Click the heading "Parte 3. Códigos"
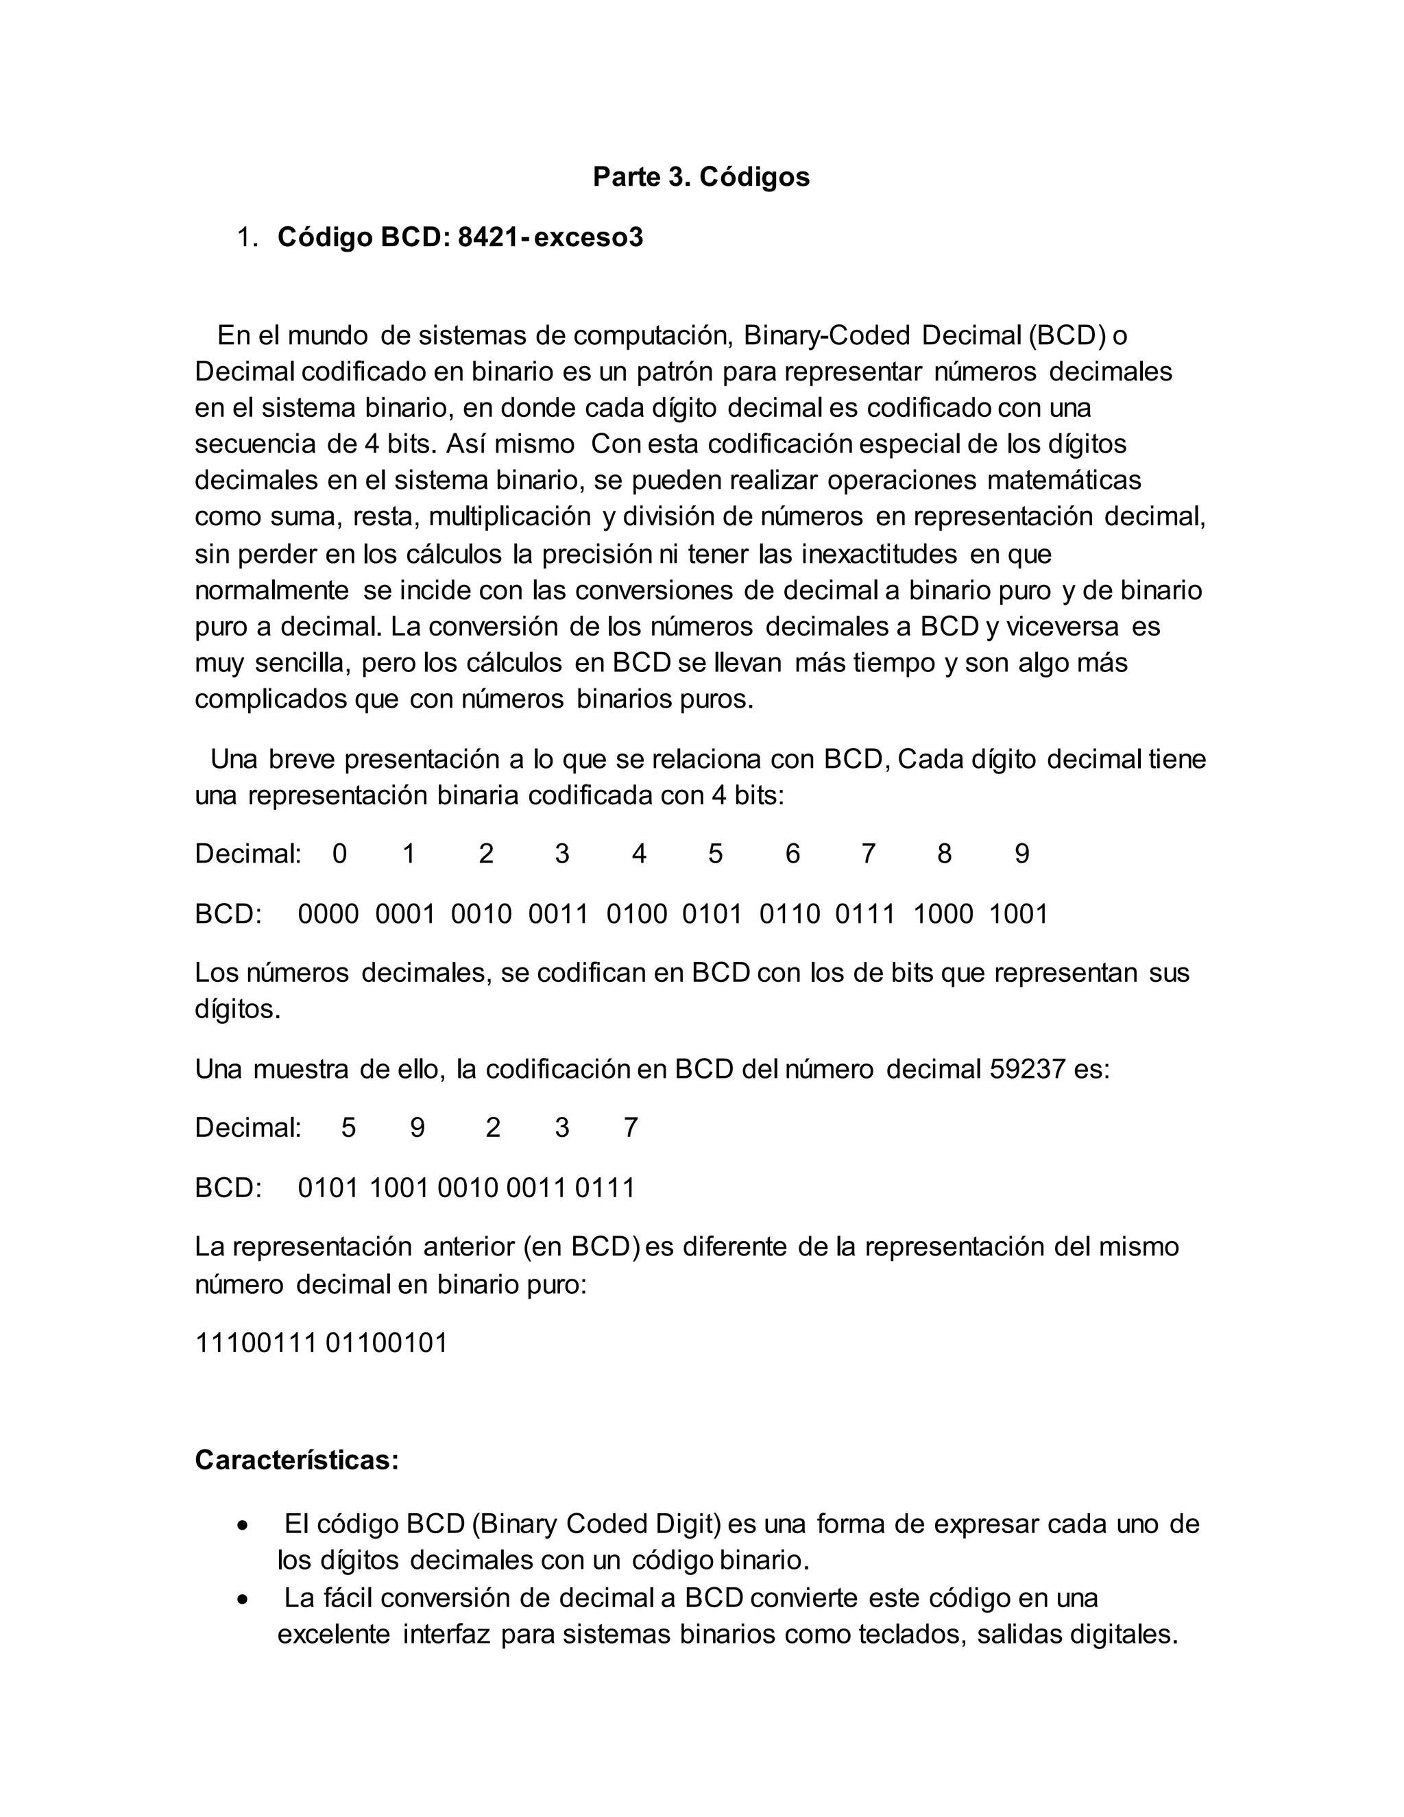701,177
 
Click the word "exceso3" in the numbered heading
588,238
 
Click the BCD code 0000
328,914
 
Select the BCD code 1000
943,914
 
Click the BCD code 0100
636,914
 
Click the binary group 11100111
255,1343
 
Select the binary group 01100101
387,1343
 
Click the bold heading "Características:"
297,1460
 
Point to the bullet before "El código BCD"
242,1525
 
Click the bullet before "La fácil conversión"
242,1599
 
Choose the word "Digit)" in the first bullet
683,1524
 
